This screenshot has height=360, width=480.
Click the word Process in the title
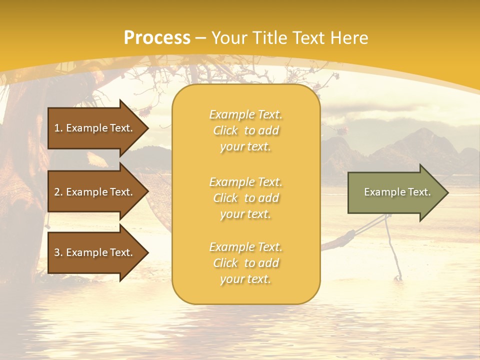pos(157,38)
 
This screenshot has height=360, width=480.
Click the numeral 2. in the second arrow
pos(58,192)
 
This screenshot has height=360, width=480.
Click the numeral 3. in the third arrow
pos(58,252)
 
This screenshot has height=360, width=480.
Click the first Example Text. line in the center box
pos(245,114)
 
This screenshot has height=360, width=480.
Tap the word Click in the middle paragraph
pos(225,198)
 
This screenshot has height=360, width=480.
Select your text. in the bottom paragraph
pos(245,279)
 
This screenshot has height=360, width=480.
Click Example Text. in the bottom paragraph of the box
pos(245,247)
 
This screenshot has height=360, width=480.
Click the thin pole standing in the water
pos(392,250)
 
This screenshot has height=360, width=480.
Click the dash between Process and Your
pos(201,38)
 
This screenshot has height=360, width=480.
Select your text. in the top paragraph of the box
pos(245,146)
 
